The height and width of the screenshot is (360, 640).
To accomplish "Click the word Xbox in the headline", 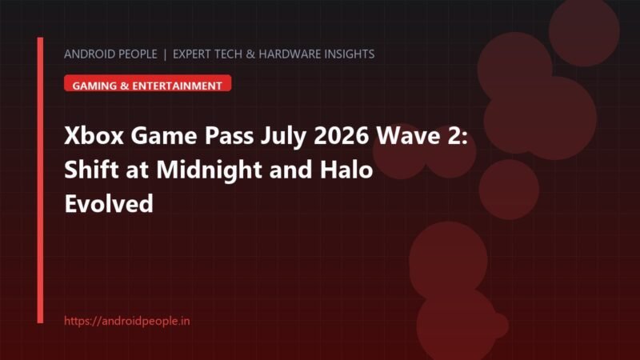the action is tap(94, 135).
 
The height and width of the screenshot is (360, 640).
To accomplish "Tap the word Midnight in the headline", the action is tap(209, 170).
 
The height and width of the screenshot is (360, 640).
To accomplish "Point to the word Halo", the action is tap(346, 170).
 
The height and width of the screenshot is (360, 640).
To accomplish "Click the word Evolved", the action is tap(109, 203).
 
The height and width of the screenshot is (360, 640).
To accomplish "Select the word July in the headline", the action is tap(283, 137).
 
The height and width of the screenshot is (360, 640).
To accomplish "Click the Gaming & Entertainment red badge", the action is tap(148, 83).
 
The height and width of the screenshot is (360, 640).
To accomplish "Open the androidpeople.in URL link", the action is tap(127, 321).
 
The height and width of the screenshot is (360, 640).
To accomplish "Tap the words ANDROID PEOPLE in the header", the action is tap(110, 54).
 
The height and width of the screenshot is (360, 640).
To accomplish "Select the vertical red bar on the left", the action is tap(40, 180).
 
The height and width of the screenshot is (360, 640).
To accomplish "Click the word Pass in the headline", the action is tap(229, 135).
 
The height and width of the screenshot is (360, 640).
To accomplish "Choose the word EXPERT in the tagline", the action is tap(192, 54).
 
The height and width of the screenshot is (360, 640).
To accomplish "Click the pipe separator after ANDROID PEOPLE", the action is tap(165, 54).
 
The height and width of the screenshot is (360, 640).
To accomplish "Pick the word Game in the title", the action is tap(164, 135).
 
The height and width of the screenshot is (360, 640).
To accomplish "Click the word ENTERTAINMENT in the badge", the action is tap(177, 86).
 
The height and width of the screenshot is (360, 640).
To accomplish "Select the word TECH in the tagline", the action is tap(228, 54).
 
